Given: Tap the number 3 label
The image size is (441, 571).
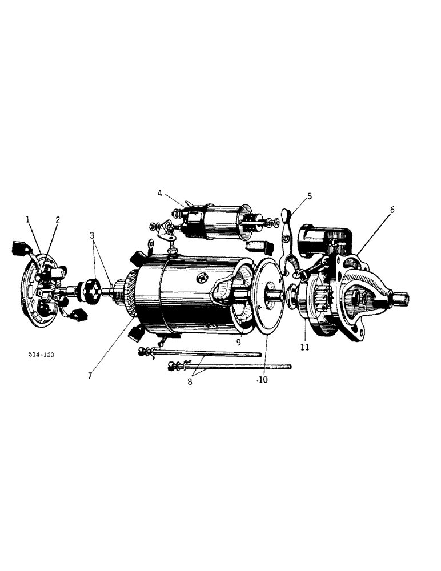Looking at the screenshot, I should (x=94, y=235).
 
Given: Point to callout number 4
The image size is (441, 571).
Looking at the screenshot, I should (x=161, y=193).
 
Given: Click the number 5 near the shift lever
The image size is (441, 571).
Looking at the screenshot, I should (x=309, y=196).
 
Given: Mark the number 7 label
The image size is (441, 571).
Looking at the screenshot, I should (x=90, y=376).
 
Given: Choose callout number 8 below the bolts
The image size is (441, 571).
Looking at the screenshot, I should (x=190, y=381).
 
